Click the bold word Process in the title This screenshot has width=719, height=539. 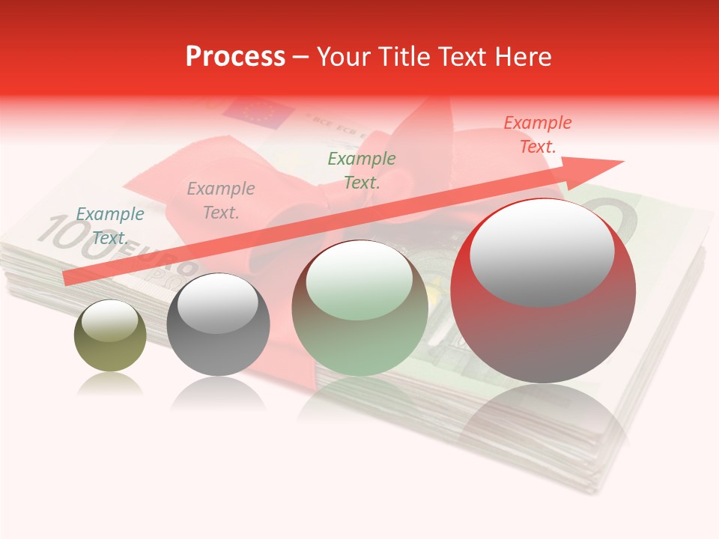pos(235,57)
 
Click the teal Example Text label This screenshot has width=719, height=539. pos(109,226)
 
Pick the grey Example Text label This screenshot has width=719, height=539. pos(221,201)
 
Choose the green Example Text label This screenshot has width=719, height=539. pos(362,170)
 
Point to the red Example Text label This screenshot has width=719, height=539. pos(538,135)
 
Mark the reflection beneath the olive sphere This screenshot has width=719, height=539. pos(110,384)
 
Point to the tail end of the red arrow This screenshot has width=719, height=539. pos(67,278)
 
